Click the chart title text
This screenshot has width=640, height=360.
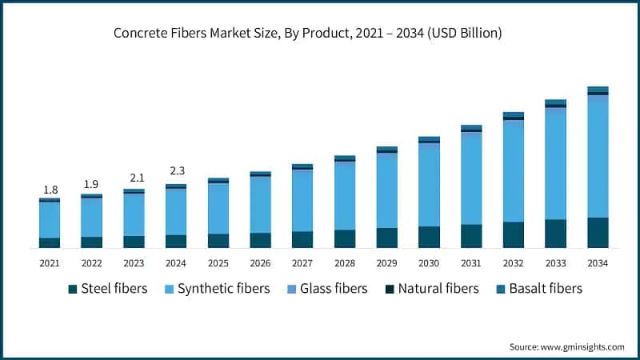319,33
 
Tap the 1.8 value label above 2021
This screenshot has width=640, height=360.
50,190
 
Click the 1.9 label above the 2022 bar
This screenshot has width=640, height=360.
91,185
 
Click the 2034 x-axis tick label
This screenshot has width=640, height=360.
598,263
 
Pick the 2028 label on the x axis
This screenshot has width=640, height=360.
344,263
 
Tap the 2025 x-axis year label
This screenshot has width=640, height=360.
218,263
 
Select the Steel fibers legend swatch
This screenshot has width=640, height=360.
74,289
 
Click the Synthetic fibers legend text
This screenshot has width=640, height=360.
225,289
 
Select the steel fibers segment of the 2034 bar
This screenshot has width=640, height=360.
598,233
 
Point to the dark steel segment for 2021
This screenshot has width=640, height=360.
50,243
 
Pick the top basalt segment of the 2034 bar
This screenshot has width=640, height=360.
598,90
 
